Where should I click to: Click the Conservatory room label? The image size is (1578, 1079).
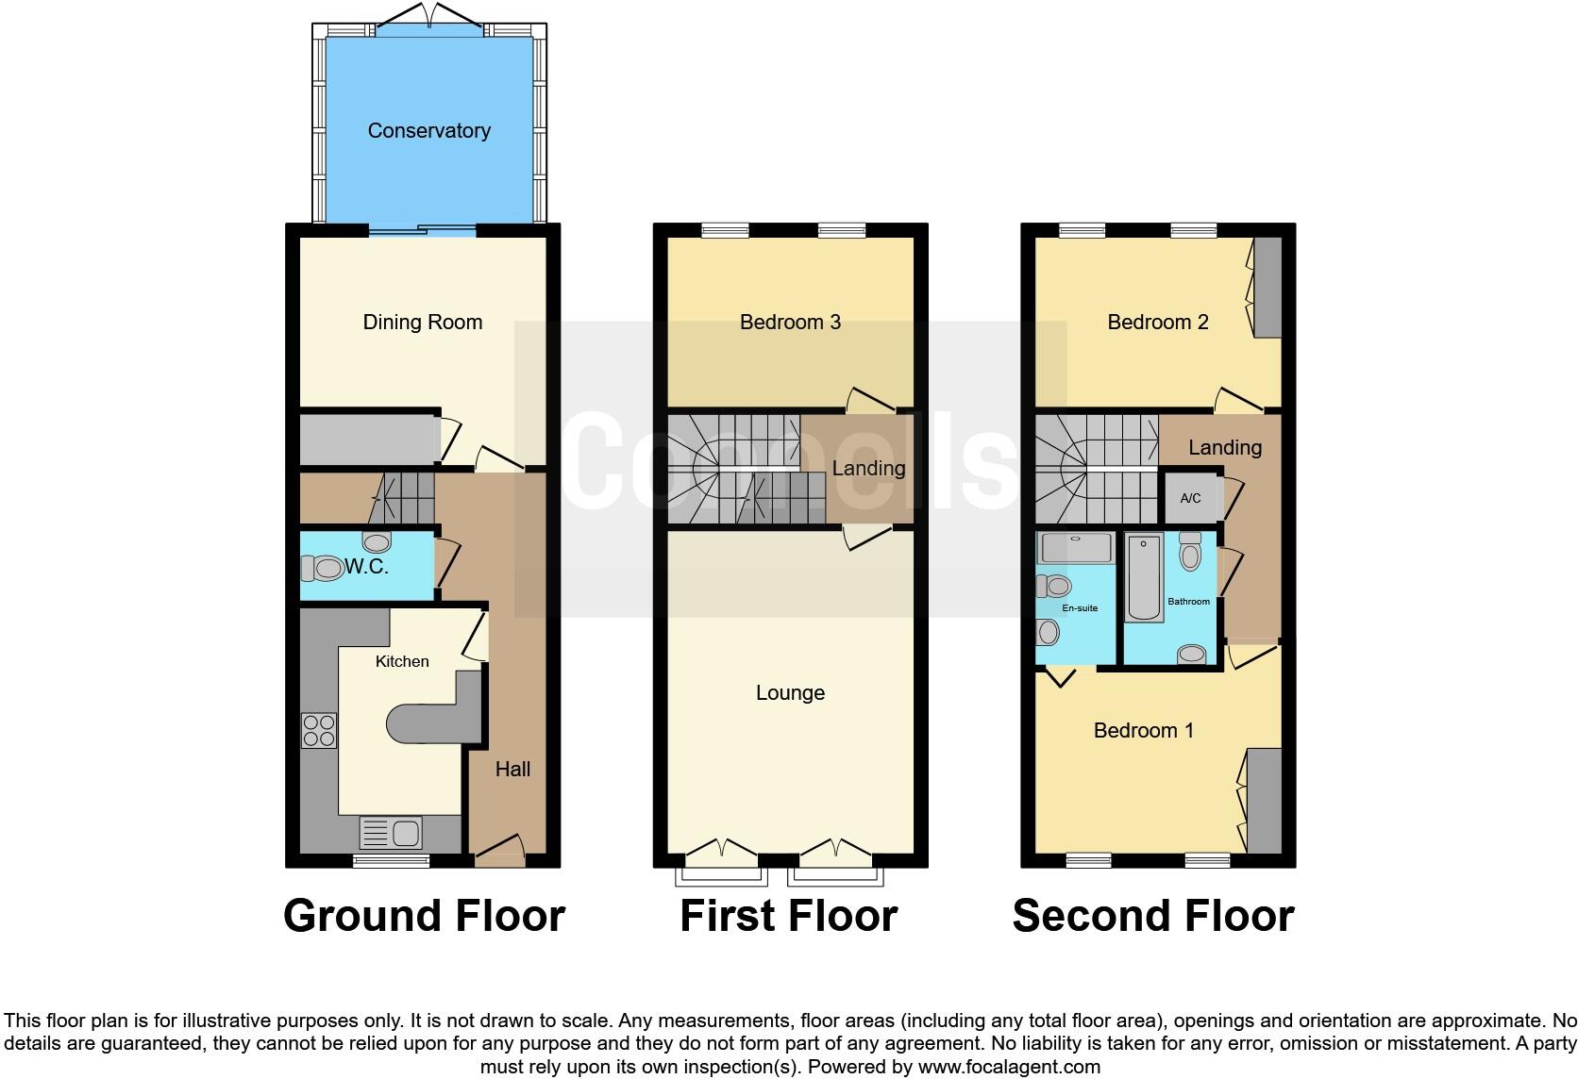(x=428, y=131)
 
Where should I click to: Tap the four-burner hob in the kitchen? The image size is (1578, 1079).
(x=318, y=731)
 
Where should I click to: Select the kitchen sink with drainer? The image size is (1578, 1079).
(x=391, y=834)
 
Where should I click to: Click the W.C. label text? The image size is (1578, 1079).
(x=366, y=567)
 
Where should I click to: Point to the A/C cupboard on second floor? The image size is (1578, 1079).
(x=1190, y=498)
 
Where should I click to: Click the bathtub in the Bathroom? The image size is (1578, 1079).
(x=1144, y=577)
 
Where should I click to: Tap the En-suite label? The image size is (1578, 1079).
(x=1080, y=608)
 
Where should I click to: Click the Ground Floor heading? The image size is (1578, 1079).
(x=424, y=916)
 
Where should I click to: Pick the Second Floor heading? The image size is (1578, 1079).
(x=1152, y=916)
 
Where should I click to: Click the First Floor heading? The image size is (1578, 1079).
(x=788, y=916)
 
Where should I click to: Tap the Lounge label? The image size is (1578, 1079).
(x=790, y=693)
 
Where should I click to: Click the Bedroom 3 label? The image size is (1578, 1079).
(x=790, y=323)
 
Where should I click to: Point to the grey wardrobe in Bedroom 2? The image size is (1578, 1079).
(x=1267, y=287)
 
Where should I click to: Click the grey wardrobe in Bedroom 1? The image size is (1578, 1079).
(x=1264, y=800)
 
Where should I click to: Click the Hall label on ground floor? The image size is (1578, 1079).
(x=512, y=770)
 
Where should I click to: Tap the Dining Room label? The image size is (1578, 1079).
(x=422, y=323)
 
